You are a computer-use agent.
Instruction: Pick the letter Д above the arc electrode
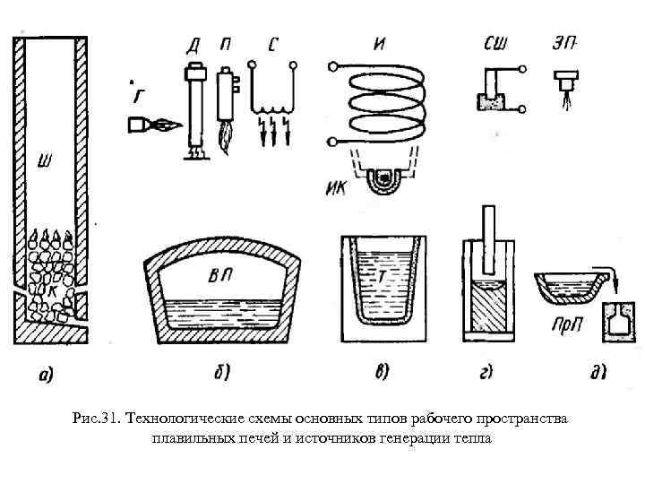193,46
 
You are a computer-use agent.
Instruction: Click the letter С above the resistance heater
272,44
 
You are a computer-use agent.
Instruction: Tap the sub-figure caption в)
383,371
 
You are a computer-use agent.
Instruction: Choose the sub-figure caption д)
587,371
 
